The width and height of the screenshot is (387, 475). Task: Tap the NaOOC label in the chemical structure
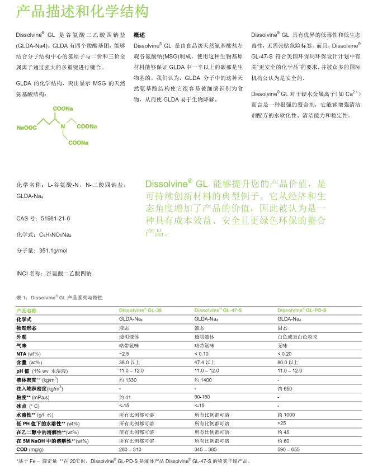point(27,128)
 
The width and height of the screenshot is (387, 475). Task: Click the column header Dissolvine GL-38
point(140,310)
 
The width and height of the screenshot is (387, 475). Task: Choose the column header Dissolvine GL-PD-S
point(302,310)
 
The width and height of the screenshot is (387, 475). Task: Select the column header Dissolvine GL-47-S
point(218,310)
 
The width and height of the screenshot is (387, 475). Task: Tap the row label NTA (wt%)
point(29,354)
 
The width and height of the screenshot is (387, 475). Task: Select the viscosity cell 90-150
point(202,397)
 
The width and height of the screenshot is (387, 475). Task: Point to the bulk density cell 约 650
point(285,388)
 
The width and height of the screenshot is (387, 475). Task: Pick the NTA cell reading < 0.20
point(286,354)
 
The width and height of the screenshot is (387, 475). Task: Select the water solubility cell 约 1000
point(286,415)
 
